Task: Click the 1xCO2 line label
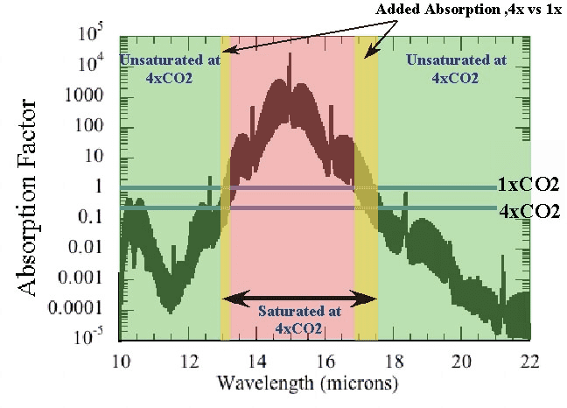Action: pos(528,185)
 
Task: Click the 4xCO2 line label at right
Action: pos(528,210)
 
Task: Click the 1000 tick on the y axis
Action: pos(91,94)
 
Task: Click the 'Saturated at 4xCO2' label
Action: pos(299,320)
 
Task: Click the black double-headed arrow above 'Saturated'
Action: pos(299,299)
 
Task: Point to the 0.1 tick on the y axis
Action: pos(95,215)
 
